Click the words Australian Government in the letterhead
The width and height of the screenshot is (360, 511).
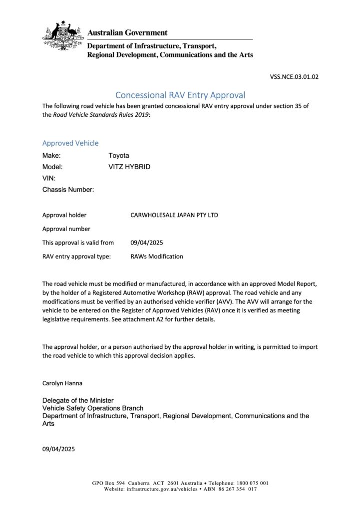[127, 32]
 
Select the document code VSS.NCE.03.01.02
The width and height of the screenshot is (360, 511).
[294, 77]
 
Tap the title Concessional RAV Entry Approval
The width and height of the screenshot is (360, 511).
[180, 95]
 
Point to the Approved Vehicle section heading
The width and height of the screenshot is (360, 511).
[70, 143]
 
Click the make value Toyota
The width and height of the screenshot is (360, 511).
[119, 156]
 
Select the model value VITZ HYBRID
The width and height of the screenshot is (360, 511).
[129, 167]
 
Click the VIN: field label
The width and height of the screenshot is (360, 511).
[49, 178]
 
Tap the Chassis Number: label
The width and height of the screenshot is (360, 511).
[68, 190]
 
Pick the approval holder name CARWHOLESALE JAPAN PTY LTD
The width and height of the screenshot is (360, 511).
[174, 216]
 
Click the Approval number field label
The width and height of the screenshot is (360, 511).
[66, 229]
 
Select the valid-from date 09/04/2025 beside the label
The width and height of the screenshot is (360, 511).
[147, 243]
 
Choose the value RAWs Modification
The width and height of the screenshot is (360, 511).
[157, 256]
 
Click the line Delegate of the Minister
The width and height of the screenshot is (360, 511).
[78, 400]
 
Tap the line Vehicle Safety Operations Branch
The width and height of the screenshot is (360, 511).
[92, 408]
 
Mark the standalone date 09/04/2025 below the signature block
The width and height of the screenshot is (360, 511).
[58, 449]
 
